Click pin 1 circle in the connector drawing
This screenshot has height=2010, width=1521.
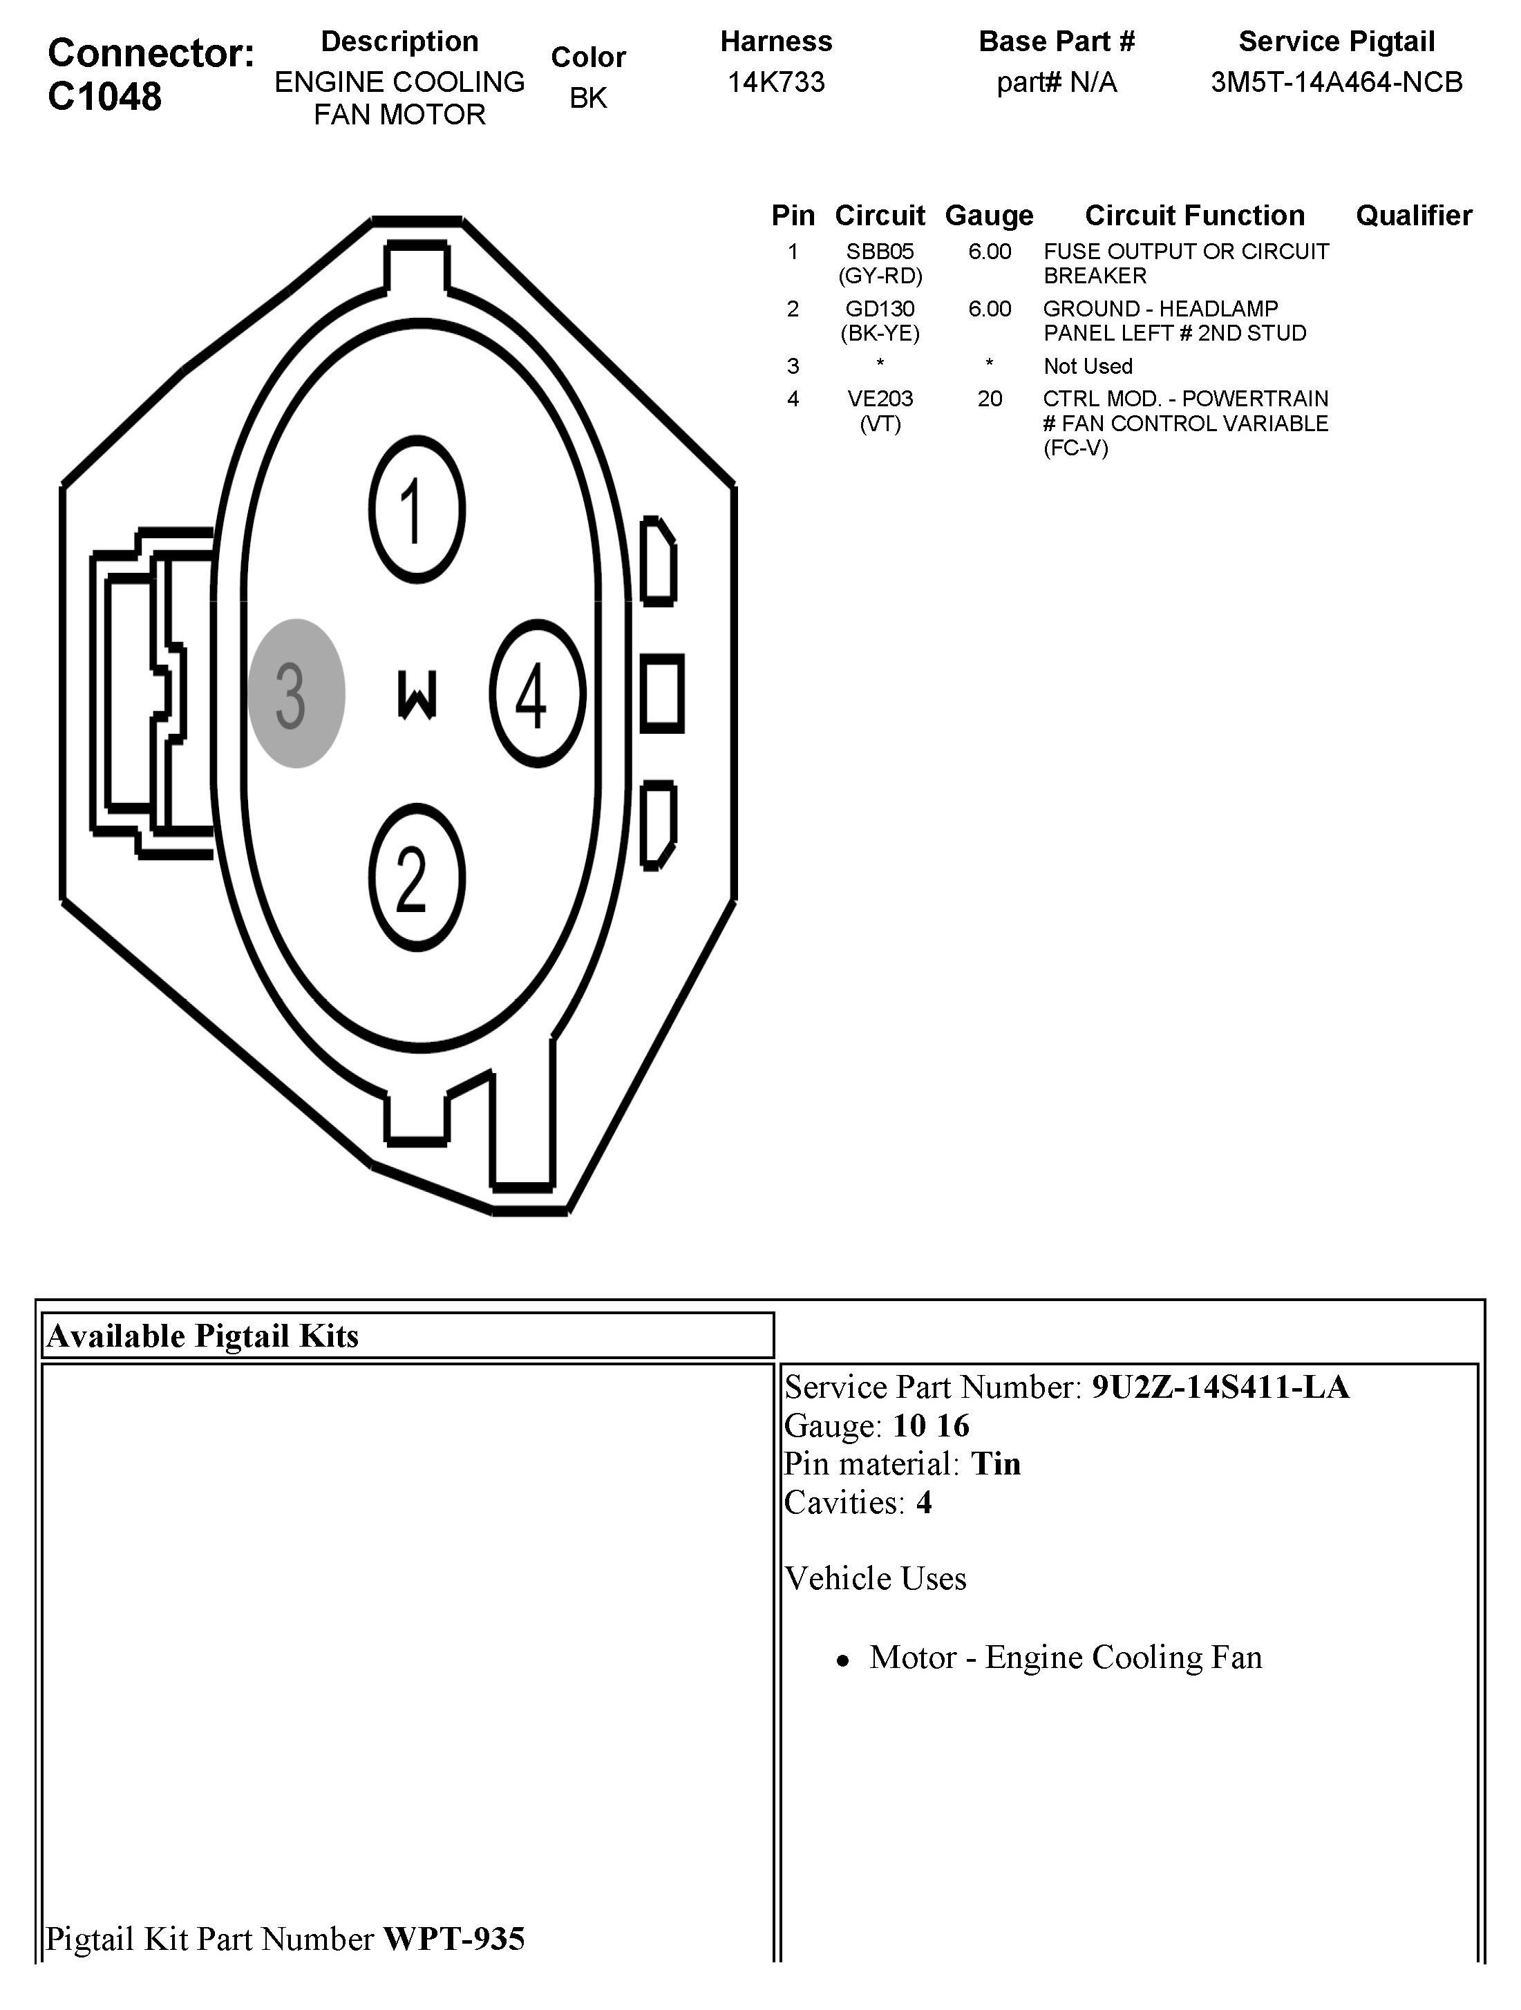[417, 510]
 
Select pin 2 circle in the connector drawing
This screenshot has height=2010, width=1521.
[417, 877]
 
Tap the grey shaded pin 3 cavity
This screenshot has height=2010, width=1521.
[296, 693]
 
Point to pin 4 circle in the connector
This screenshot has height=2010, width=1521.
[537, 693]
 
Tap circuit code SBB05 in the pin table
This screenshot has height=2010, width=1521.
[880, 252]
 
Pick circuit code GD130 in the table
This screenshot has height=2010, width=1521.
[880, 309]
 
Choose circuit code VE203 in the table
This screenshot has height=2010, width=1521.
[880, 399]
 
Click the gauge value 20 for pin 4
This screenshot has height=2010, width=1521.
[990, 399]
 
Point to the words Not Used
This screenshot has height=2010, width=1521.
[1088, 366]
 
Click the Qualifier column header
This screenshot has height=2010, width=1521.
[1414, 216]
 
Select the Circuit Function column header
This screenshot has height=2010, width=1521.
[1195, 216]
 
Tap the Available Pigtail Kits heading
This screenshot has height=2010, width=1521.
[202, 1336]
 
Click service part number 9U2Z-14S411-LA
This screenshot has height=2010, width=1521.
[1220, 1387]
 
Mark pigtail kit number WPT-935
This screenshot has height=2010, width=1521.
[454, 1939]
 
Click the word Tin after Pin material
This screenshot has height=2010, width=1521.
[996, 1464]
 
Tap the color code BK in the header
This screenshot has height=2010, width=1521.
[588, 98]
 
